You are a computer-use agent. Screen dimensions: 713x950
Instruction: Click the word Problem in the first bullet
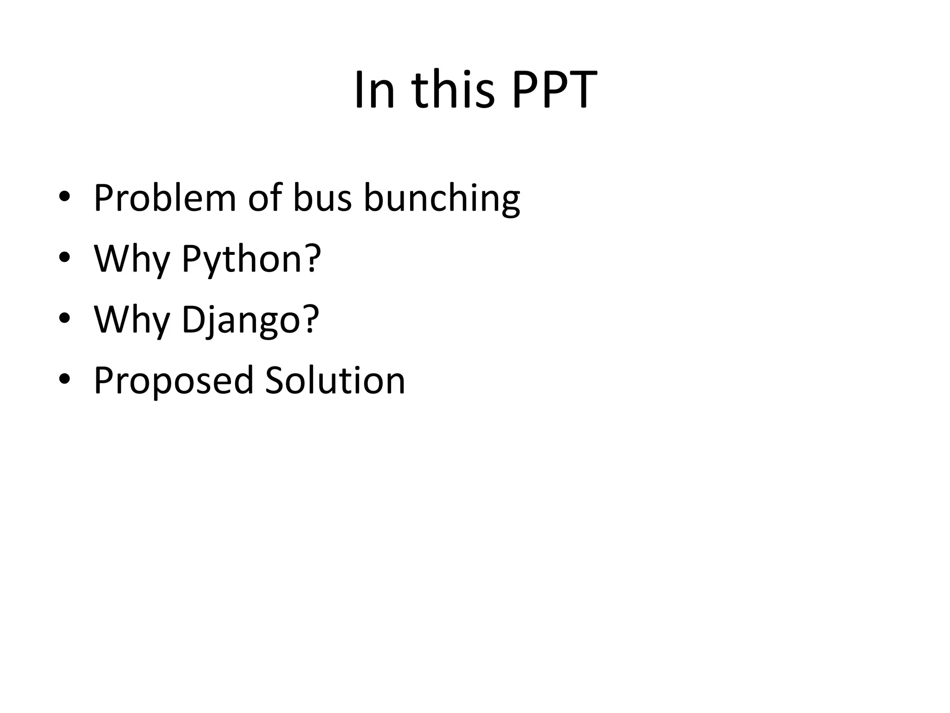tap(165, 198)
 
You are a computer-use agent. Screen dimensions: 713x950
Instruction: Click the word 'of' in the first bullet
tap(265, 198)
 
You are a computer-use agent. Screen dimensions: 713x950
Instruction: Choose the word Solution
tap(335, 381)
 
